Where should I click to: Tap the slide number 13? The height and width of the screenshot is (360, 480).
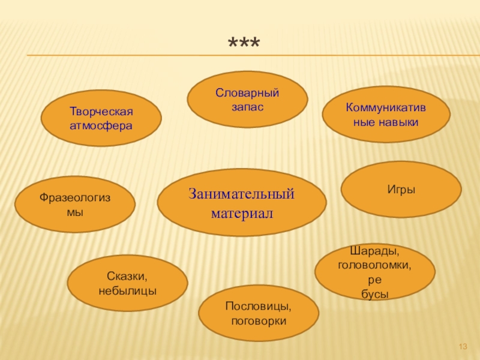463,347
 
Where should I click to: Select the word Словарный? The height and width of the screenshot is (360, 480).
247,94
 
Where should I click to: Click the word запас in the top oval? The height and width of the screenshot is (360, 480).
247,106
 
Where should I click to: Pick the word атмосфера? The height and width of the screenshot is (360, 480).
101,126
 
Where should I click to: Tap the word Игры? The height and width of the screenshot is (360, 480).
401,190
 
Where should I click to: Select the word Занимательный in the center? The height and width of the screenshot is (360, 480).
242,194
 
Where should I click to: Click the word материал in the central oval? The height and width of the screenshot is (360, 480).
242,213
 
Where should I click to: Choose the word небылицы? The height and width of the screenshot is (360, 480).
127,290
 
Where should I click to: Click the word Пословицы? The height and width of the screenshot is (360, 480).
259,307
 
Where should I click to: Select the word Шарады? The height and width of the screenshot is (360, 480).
374,251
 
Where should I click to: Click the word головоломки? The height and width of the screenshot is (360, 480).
374,265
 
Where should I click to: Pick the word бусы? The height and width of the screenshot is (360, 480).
375,293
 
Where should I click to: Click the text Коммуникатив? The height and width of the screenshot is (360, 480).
385,108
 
